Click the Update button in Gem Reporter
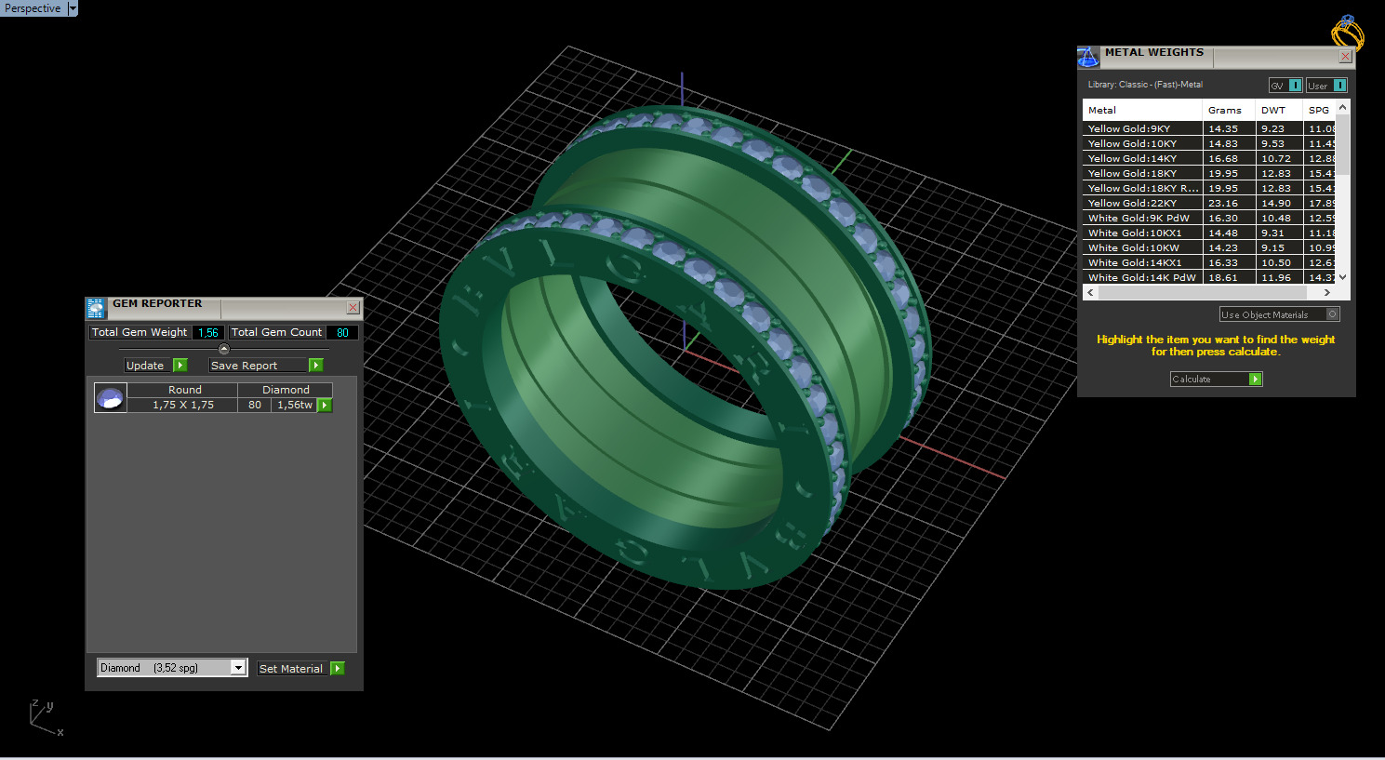(x=155, y=366)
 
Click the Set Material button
(x=300, y=668)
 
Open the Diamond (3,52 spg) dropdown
(x=238, y=668)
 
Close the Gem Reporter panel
(x=353, y=307)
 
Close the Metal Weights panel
(x=1344, y=57)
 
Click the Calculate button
(x=1215, y=379)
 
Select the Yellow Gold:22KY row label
(x=1132, y=203)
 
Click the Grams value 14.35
(x=1222, y=128)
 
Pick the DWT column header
(x=1272, y=110)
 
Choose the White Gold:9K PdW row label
(x=1139, y=218)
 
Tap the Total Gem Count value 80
(x=342, y=332)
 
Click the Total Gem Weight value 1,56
(x=207, y=332)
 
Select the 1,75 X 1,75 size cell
(x=183, y=405)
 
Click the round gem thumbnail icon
(x=110, y=398)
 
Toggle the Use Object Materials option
(x=1279, y=314)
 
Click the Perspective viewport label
(x=33, y=8)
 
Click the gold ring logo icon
(x=1346, y=33)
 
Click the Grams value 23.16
(x=1222, y=203)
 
